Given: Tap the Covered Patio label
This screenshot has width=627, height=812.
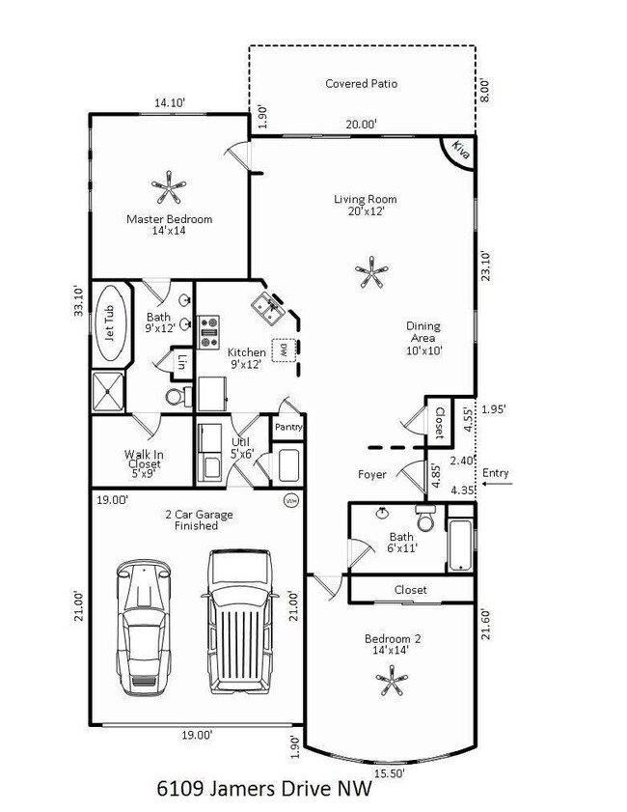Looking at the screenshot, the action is [361, 83].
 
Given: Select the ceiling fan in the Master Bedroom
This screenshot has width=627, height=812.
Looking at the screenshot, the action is [169, 187].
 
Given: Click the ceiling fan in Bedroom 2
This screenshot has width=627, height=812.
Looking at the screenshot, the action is [392, 680].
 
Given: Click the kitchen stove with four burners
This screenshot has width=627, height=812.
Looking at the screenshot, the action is [209, 331].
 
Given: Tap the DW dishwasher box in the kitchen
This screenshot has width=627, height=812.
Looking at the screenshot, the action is [284, 350].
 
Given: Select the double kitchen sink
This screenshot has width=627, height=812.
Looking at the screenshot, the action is [268, 308].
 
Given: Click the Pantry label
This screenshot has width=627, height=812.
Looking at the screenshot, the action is [288, 427].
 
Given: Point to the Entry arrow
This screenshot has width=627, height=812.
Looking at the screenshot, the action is [497, 484].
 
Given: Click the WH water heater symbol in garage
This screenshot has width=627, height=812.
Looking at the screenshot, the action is [290, 501].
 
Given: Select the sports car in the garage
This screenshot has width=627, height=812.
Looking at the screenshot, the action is [144, 627].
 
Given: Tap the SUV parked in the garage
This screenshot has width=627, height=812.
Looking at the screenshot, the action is [239, 622].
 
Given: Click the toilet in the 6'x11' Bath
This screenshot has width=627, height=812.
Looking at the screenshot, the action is [426, 518].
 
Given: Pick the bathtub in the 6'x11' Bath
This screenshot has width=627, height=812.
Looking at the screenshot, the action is [460, 546].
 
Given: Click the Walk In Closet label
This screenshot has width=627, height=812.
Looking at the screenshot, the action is [145, 463].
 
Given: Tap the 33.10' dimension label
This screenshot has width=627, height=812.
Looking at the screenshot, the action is [78, 300].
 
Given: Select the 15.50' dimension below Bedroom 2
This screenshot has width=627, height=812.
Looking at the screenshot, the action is [389, 773].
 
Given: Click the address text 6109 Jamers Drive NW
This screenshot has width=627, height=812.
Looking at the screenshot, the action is [264, 789].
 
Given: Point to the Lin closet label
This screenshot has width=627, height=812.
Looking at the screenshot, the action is [180, 361].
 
